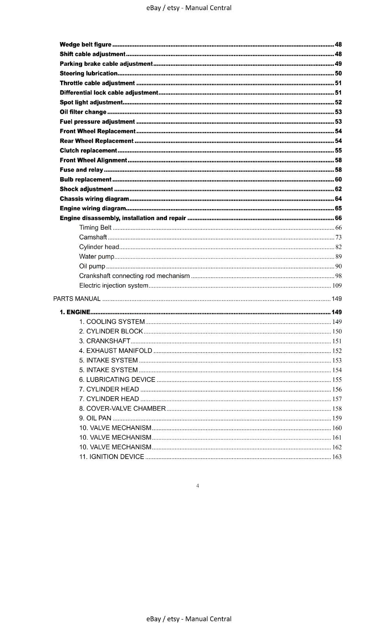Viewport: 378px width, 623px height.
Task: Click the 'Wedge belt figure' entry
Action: (85, 44)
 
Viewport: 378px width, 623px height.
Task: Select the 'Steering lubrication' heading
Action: (88, 73)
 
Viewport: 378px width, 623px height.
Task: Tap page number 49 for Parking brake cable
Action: (338, 63)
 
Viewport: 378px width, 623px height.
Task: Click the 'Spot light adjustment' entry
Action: (91, 102)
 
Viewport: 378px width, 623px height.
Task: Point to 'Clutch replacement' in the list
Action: (88, 150)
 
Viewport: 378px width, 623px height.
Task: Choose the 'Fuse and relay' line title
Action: (81, 170)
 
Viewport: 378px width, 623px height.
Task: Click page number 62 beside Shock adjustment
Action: (338, 189)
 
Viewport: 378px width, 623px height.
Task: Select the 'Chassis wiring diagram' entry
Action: (94, 199)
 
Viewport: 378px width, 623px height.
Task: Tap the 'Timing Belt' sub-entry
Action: (95, 227)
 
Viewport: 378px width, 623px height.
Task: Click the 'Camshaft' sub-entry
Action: (93, 237)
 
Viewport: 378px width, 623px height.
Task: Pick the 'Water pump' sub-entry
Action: (97, 256)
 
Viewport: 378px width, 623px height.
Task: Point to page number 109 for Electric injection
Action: (337, 285)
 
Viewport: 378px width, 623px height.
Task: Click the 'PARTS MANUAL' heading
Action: (77, 299)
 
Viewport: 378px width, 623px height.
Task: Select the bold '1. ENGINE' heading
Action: (75, 312)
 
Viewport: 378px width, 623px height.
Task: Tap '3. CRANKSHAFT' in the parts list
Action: (104, 341)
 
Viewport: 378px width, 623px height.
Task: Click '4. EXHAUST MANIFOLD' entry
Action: (115, 350)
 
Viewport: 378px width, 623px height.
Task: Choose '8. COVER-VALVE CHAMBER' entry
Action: (122, 408)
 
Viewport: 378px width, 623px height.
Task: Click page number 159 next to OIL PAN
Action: (337, 418)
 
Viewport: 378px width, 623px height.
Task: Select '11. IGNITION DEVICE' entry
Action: (111, 457)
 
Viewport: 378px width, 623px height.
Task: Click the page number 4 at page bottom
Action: (198, 486)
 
